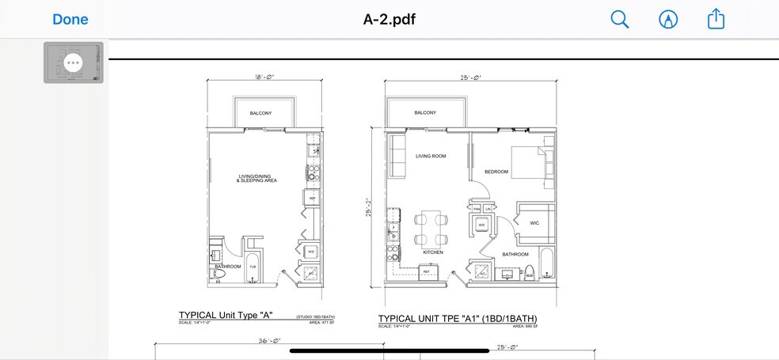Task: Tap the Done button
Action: pyautogui.click(x=70, y=19)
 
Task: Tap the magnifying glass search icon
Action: pyautogui.click(x=619, y=20)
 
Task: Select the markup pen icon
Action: pyautogui.click(x=668, y=20)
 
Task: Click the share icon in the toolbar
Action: pyautogui.click(x=716, y=20)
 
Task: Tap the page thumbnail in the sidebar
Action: pyautogui.click(x=73, y=63)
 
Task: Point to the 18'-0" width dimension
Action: pyautogui.click(x=264, y=78)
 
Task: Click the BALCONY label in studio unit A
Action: pyautogui.click(x=260, y=113)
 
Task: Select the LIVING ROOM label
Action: pyautogui.click(x=431, y=156)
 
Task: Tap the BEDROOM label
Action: pyautogui.click(x=496, y=172)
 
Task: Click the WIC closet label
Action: pyautogui.click(x=534, y=223)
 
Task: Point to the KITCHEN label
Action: pyautogui.click(x=432, y=252)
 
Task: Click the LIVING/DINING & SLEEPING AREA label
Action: pyautogui.click(x=256, y=179)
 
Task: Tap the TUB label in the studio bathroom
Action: pyautogui.click(x=253, y=267)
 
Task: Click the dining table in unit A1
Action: pyautogui.click(x=430, y=228)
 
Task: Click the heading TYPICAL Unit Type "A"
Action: pyautogui.click(x=226, y=315)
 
